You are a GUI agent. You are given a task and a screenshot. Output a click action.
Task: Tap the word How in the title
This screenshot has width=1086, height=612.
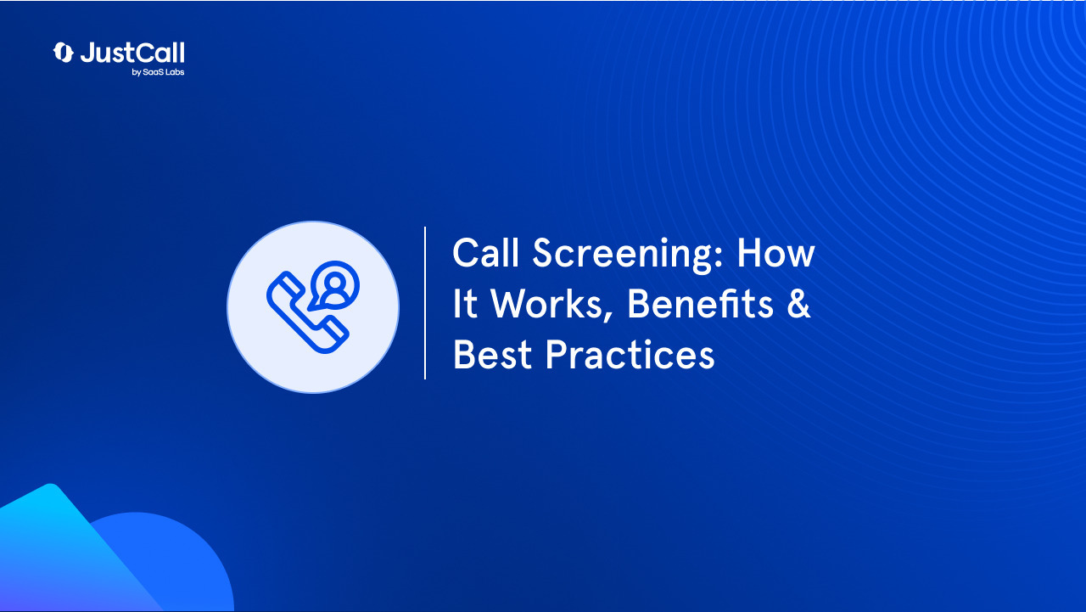775,254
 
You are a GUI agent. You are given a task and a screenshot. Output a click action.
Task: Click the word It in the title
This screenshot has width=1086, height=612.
465,305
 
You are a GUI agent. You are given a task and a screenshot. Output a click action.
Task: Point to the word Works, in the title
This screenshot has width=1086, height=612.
551,306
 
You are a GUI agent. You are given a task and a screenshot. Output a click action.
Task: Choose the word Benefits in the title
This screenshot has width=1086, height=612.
700,305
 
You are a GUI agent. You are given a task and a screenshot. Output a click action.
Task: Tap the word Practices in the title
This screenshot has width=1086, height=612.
630,355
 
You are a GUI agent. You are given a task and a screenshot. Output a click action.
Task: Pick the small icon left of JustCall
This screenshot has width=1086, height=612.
63,53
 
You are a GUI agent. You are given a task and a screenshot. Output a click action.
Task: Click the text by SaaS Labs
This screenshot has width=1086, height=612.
158,72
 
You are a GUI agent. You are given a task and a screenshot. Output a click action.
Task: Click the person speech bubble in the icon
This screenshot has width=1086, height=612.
333,284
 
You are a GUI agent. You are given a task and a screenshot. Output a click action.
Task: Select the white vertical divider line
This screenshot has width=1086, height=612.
425,303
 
